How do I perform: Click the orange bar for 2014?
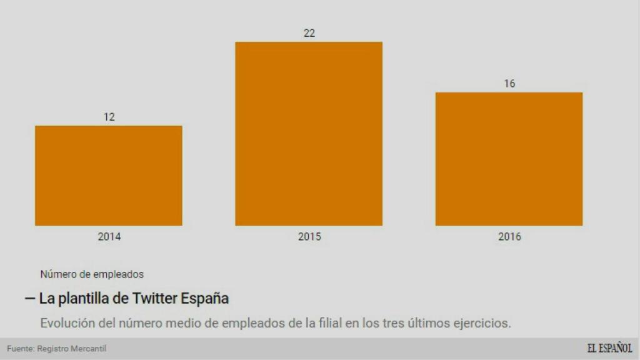tap(109, 176)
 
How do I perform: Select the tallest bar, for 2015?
tap(309, 134)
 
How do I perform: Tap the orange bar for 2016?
tap(509, 159)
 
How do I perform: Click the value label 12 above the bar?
tap(109, 117)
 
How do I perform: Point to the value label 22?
tap(309, 33)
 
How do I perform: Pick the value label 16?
tap(509, 84)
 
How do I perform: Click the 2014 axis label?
tap(109, 237)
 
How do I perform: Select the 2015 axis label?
tap(309, 237)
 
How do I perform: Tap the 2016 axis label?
tap(509, 237)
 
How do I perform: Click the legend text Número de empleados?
tap(92, 274)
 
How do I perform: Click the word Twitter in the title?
tap(154, 298)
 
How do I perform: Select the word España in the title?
tap(204, 298)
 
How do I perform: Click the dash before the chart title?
tap(29, 298)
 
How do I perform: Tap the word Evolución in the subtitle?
tap(66, 323)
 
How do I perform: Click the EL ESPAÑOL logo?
tap(609, 349)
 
